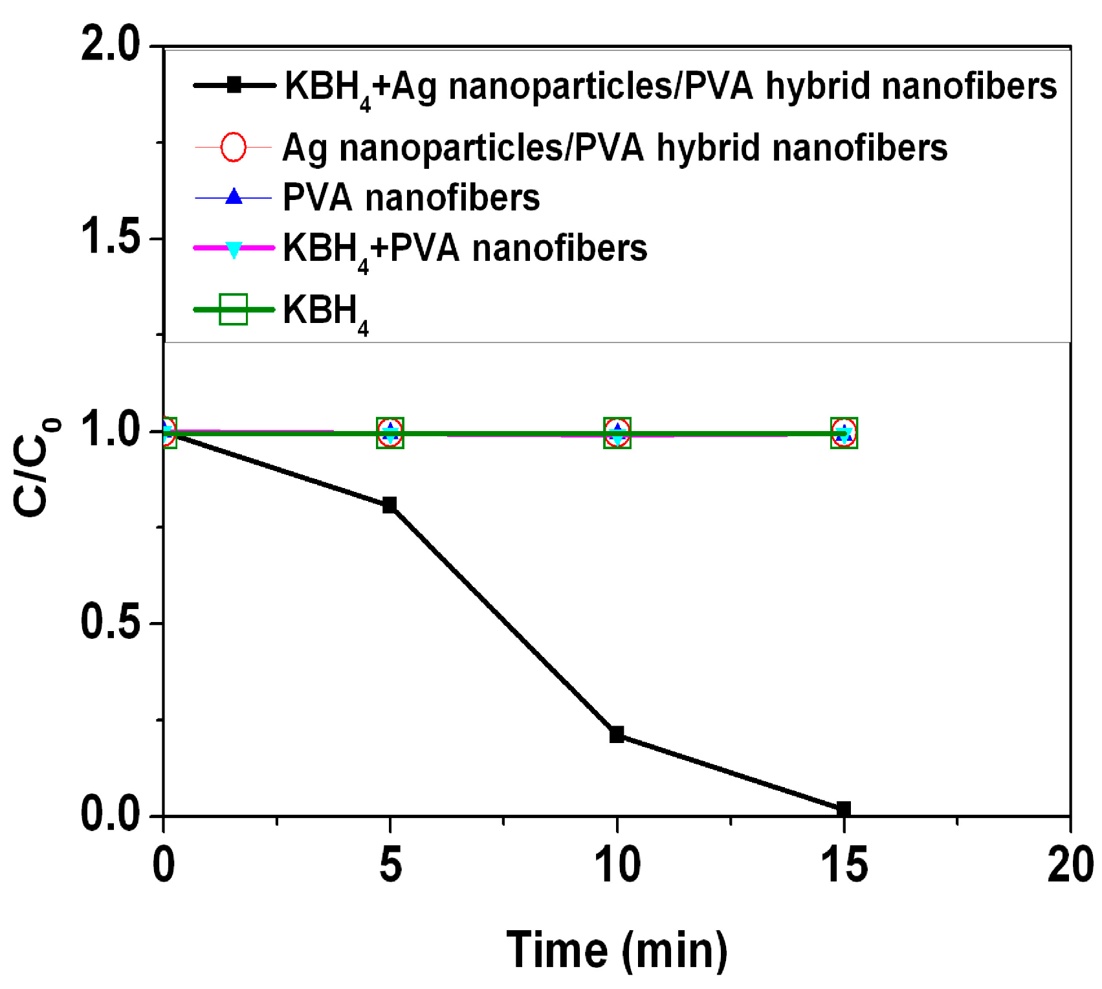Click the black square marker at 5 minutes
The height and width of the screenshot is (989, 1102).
[390, 506]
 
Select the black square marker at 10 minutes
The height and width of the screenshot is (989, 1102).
[617, 735]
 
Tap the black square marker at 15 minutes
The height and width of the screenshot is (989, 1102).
[844, 809]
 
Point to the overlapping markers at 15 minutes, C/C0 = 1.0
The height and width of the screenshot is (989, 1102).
[844, 433]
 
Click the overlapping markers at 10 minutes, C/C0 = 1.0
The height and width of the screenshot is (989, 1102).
[617, 433]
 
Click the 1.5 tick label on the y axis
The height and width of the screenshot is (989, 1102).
[111, 238]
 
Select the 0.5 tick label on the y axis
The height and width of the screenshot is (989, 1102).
[111, 623]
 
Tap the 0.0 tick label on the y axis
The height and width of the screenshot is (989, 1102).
[111, 815]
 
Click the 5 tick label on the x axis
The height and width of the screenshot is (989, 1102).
[390, 865]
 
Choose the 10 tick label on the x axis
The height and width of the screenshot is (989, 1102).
[617, 865]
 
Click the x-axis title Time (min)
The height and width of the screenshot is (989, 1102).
[617, 950]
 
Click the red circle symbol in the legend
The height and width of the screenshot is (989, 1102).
[234, 148]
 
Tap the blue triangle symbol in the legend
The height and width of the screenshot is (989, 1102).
[234, 197]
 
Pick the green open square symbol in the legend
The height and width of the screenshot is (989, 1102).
[234, 309]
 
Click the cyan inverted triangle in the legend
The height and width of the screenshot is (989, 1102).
[234, 249]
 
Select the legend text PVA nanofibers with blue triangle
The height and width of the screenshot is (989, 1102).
[412, 197]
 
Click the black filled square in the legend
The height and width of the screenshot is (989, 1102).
[235, 85]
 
